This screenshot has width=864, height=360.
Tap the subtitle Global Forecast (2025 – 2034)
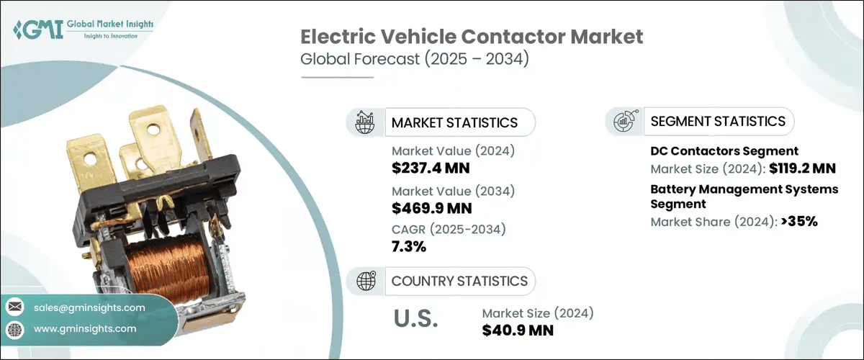tap(415, 60)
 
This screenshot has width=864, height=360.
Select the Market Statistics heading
tap(454, 122)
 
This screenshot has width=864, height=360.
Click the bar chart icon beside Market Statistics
tap(366, 122)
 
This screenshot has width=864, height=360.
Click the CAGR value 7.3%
tap(409, 247)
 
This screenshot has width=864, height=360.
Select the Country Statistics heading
tap(459, 281)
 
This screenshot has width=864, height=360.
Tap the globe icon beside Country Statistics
tap(366, 281)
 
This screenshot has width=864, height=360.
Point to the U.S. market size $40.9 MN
tap(518, 329)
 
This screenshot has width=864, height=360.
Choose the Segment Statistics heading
tap(717, 121)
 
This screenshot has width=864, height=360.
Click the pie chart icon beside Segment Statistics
tap(624, 122)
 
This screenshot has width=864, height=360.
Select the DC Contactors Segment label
tap(724, 151)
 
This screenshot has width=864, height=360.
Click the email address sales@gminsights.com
tap(89, 307)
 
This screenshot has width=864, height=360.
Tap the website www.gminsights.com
tap(84, 328)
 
